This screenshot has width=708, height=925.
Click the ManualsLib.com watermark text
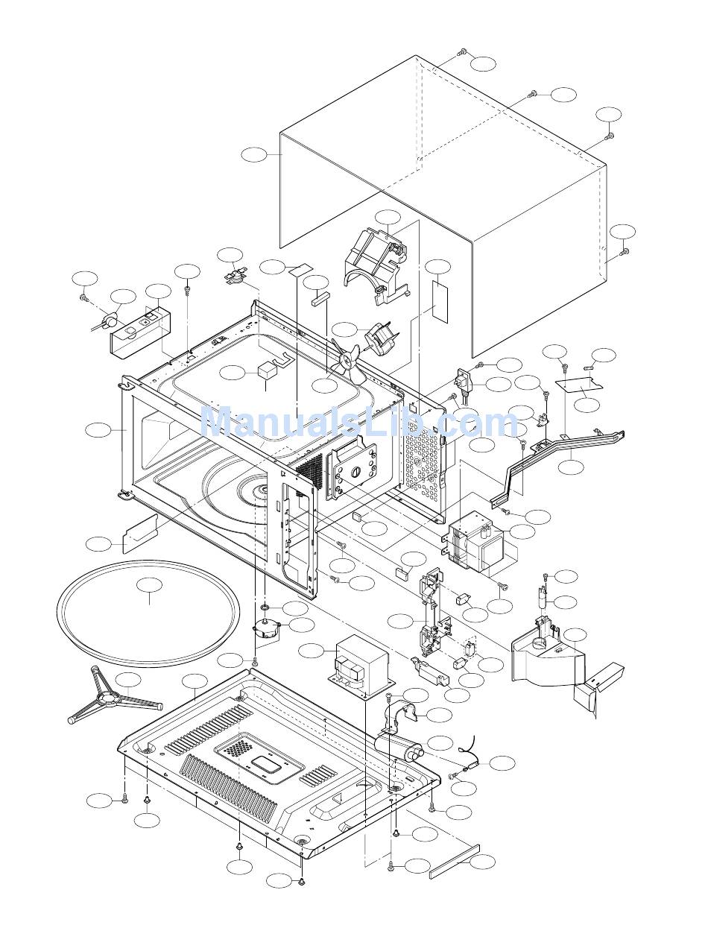[x=358, y=421]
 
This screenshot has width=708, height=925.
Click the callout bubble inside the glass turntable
[x=149, y=585]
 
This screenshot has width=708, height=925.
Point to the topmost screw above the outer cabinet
[x=461, y=52]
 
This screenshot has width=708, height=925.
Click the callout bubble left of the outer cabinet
[x=254, y=155]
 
